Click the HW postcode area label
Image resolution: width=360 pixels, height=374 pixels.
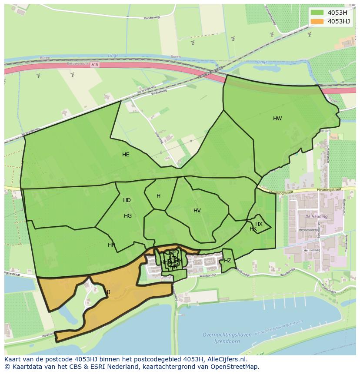coord(277,119)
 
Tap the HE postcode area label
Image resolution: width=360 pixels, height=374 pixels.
coord(126,155)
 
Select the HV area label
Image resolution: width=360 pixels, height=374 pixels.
coord(197,211)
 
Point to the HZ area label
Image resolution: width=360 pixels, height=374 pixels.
coord(227,261)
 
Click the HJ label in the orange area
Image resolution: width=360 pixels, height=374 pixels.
coord(107,292)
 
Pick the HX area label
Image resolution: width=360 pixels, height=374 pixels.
coord(259,224)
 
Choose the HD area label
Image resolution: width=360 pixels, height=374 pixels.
coord(127,200)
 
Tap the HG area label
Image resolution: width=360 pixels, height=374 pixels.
coord(128,216)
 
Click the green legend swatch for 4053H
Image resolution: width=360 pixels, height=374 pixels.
coord(317,13)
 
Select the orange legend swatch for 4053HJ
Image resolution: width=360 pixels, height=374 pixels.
coord(317,21)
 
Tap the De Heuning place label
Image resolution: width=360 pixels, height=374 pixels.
coord(313,216)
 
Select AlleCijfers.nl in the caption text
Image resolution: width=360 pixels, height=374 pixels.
coord(226,359)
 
